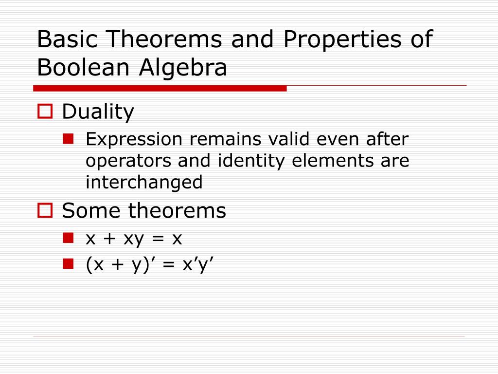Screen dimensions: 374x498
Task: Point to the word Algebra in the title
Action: pyautogui.click(x=183, y=68)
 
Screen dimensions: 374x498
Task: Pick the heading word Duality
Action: pyautogui.click(x=98, y=112)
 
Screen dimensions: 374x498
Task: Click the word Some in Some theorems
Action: pyautogui.click(x=89, y=211)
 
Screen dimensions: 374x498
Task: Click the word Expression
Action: pyautogui.click(x=134, y=140)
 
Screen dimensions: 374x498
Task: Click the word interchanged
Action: pyautogui.click(x=144, y=182)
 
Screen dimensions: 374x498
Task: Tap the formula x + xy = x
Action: pyautogui.click(x=134, y=239)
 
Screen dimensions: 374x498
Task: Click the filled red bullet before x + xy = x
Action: pyautogui.click(x=68, y=238)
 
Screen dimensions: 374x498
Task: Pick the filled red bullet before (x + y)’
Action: pyautogui.click(x=68, y=263)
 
